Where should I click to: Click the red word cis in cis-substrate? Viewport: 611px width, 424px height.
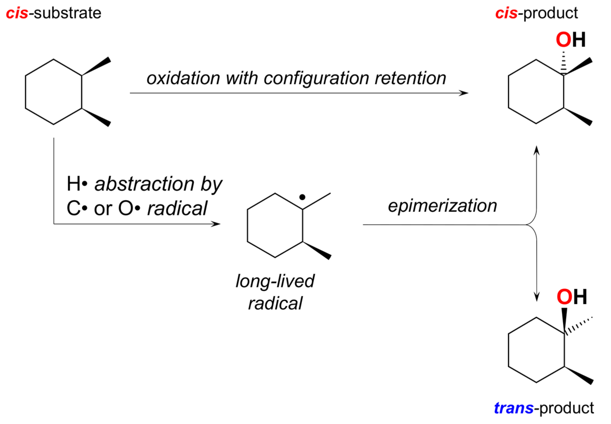click(17, 13)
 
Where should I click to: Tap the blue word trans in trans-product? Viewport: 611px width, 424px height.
click(513, 408)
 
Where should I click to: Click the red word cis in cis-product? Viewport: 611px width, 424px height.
click(506, 13)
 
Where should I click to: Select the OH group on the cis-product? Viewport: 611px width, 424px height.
click(570, 40)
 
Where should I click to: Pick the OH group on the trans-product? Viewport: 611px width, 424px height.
click(571, 297)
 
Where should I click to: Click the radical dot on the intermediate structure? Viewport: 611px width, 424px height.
click(302, 197)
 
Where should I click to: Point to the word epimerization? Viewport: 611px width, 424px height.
click(442, 206)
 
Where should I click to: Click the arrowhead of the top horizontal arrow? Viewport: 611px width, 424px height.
click(464, 93)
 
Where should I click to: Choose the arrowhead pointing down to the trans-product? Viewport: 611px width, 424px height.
click(537, 297)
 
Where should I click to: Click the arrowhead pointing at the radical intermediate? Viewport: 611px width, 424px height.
click(216, 224)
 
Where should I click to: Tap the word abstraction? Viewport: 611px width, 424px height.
click(144, 184)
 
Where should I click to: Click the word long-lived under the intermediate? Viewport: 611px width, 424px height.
click(275, 281)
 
